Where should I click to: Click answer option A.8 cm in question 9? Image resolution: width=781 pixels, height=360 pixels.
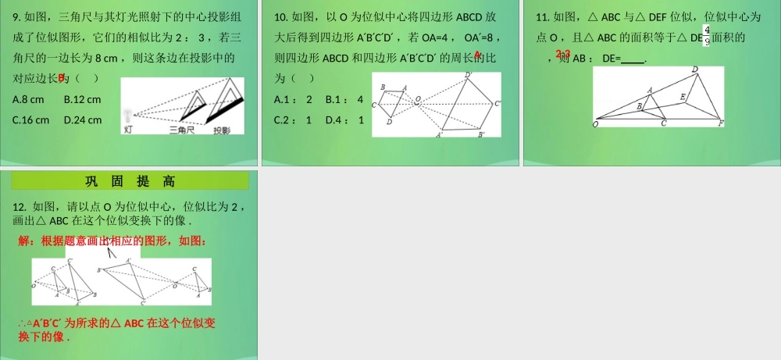click(x=29, y=99)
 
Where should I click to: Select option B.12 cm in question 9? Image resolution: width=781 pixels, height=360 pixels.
click(x=82, y=99)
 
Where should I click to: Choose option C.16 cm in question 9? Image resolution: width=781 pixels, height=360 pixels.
click(x=31, y=120)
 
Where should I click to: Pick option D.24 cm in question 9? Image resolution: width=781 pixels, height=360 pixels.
click(x=82, y=120)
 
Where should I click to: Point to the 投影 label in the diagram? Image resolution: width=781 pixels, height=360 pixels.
click(x=226, y=131)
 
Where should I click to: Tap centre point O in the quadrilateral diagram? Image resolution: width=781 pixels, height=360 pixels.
click(x=418, y=100)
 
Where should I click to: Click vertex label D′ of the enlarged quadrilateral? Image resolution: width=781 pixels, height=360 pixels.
click(x=468, y=75)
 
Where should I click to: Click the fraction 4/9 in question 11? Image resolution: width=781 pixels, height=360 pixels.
click(x=706, y=36)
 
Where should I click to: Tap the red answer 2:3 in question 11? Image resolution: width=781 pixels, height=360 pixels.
click(x=563, y=54)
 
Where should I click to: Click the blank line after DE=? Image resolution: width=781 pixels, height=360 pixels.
click(x=633, y=59)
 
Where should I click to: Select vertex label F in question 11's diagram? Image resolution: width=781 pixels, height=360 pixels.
click(x=720, y=123)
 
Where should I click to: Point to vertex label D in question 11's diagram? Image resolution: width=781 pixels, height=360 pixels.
click(x=695, y=70)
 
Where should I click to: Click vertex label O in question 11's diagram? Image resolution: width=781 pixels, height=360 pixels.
click(x=597, y=123)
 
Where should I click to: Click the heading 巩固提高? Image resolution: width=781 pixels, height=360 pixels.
click(x=130, y=181)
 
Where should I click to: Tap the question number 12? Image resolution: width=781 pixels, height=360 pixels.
click(x=20, y=207)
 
